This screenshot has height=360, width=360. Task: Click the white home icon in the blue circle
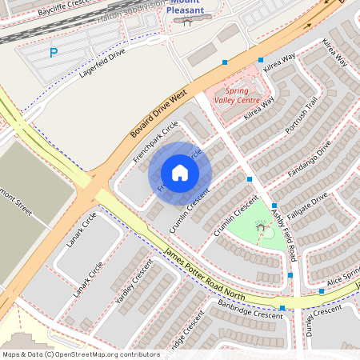coord(180,173)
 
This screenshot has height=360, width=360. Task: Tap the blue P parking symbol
coord(54,54)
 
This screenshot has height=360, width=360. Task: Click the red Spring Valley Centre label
coord(237,96)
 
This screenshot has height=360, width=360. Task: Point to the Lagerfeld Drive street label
coord(102,63)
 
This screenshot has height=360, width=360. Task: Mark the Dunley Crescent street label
coord(328,320)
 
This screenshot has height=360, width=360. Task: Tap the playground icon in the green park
coord(262,228)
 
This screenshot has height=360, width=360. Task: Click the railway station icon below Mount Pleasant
coord(186,22)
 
